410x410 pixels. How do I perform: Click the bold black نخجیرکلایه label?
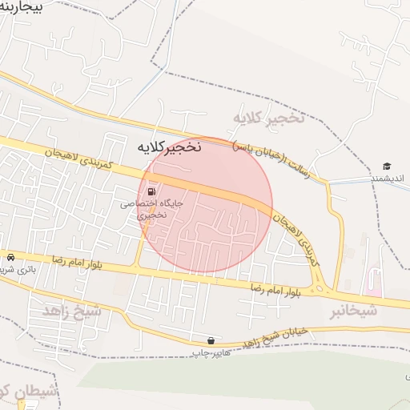pyautogui.click(x=170, y=147)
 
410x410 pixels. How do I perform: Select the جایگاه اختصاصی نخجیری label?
pyautogui.click(x=152, y=209)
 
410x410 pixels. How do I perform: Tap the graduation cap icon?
pyautogui.click(x=387, y=167)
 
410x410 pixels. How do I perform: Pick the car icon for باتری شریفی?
pyautogui.click(x=10, y=257)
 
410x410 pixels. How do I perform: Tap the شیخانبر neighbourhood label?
pyautogui.click(x=354, y=311)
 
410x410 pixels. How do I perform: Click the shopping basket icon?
pyautogui.click(x=211, y=340)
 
